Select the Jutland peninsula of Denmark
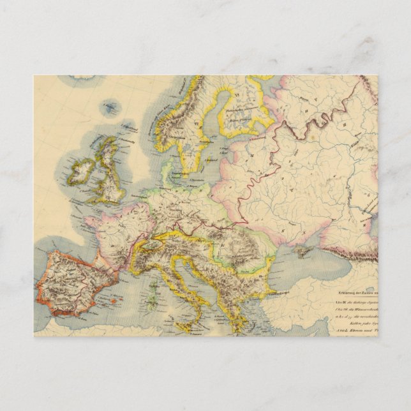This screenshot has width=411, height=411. coord(167,171)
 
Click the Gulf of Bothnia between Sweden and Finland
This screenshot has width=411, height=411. coord(214,115)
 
